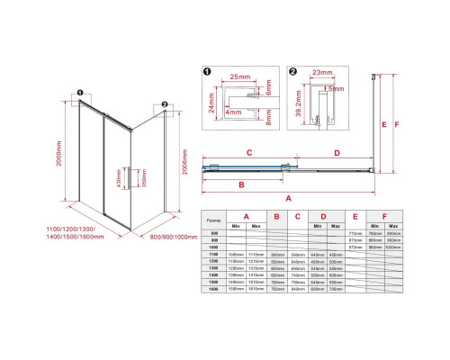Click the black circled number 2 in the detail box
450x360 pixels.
tap(293, 71)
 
